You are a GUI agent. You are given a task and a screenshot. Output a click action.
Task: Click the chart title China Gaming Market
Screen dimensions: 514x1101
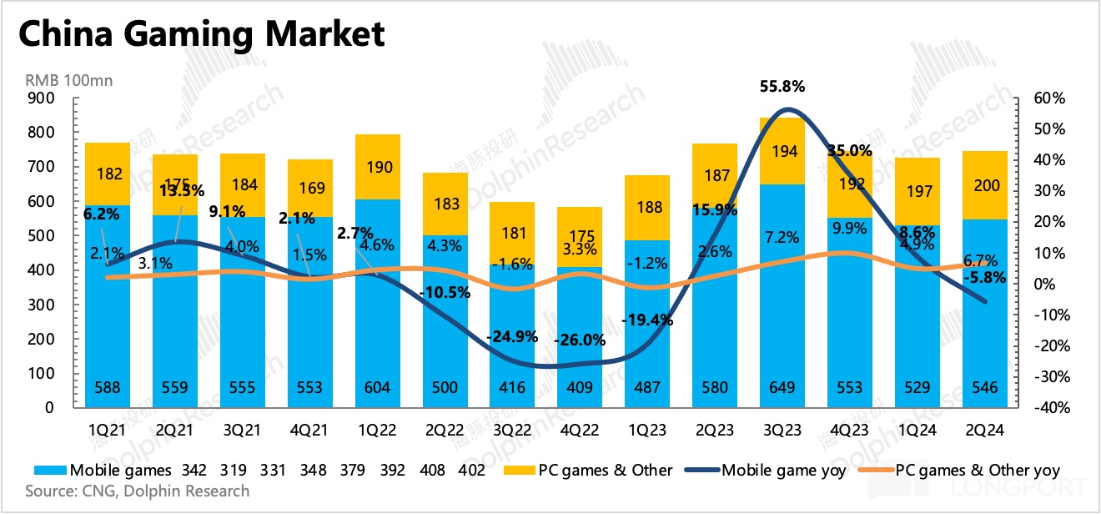click(x=201, y=35)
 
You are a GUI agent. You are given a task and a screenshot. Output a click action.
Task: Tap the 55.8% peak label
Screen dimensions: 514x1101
click(x=782, y=86)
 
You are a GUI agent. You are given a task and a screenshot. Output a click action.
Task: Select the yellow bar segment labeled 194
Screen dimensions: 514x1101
click(x=782, y=151)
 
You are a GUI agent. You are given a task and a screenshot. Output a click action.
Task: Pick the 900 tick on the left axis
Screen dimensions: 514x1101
click(x=41, y=98)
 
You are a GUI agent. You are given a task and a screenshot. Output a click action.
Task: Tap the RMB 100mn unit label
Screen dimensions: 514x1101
click(x=70, y=81)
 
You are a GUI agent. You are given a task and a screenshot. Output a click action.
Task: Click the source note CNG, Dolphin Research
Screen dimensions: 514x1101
click(x=137, y=491)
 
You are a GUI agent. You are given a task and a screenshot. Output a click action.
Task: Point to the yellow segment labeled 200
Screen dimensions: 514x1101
click(x=987, y=186)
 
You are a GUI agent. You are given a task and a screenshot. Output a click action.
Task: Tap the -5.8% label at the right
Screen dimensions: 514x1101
click(x=985, y=279)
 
